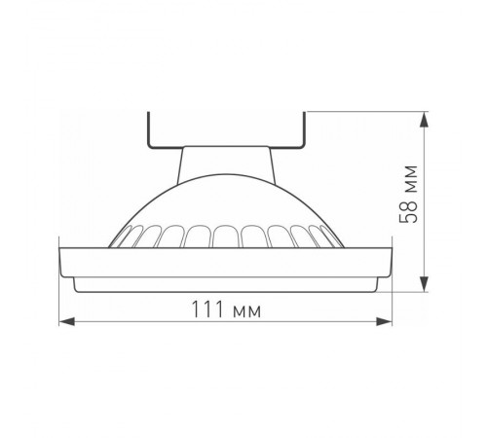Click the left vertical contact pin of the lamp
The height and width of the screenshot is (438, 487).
point(148,130)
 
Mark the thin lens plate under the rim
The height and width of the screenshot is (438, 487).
point(228,283)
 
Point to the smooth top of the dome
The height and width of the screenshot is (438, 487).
point(228,200)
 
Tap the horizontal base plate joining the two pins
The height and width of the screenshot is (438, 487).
point(228,147)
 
